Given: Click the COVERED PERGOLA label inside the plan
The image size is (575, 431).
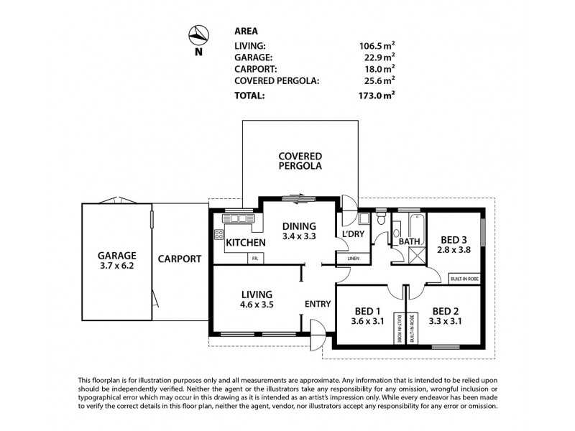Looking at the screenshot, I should click(x=300, y=161).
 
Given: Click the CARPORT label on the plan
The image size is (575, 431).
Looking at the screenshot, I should click(x=179, y=259).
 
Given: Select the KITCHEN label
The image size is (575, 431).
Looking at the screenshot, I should click(x=247, y=243).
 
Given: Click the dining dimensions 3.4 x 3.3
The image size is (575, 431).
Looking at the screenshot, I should click(x=299, y=236).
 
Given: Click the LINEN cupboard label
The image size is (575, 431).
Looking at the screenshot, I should click(x=353, y=258).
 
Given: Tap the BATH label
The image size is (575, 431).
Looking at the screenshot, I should click(x=409, y=242).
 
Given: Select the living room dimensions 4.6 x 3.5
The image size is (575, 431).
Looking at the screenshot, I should click(x=257, y=305).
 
